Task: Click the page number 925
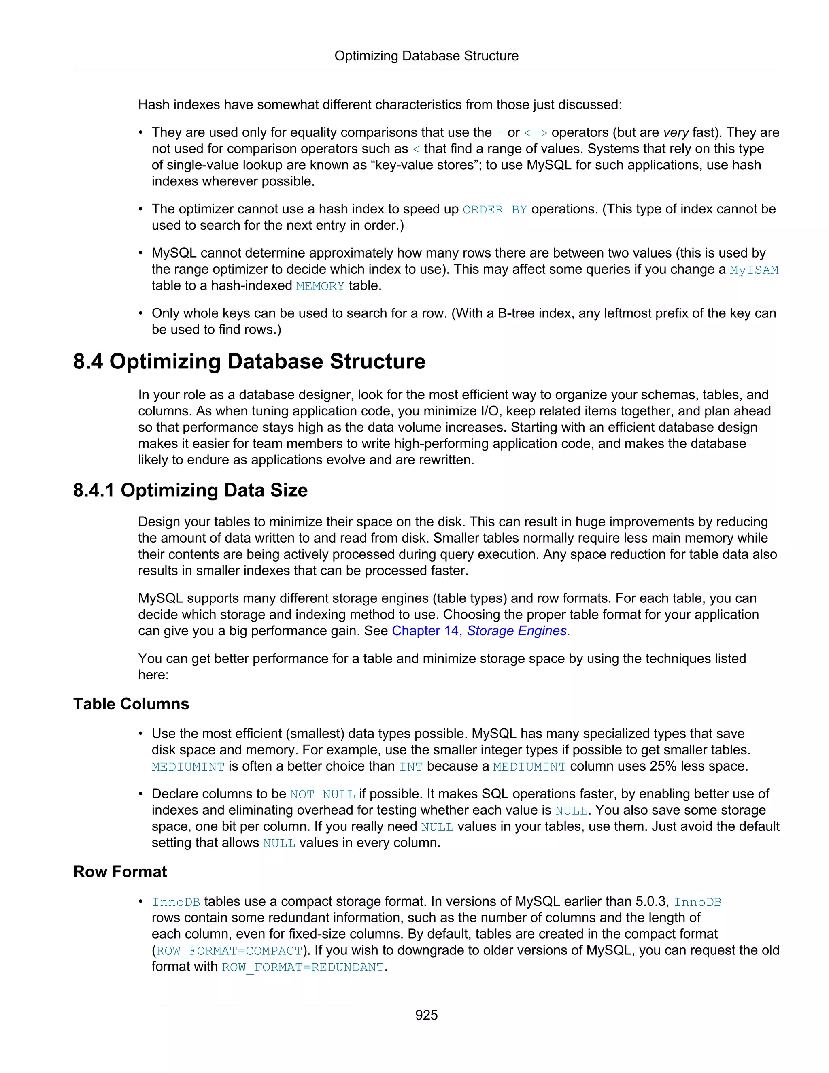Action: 426,1015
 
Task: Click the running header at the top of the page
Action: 426,56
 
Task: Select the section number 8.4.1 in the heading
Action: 94,490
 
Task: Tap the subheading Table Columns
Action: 131,704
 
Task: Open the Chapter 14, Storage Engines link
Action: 479,631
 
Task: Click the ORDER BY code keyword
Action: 495,210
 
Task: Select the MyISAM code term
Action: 754,270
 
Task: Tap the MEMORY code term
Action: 320,286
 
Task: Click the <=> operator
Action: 535,133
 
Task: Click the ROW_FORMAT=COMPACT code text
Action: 229,951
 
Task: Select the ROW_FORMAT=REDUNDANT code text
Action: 302,967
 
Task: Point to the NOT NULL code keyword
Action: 322,794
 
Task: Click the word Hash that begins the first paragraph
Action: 154,104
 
